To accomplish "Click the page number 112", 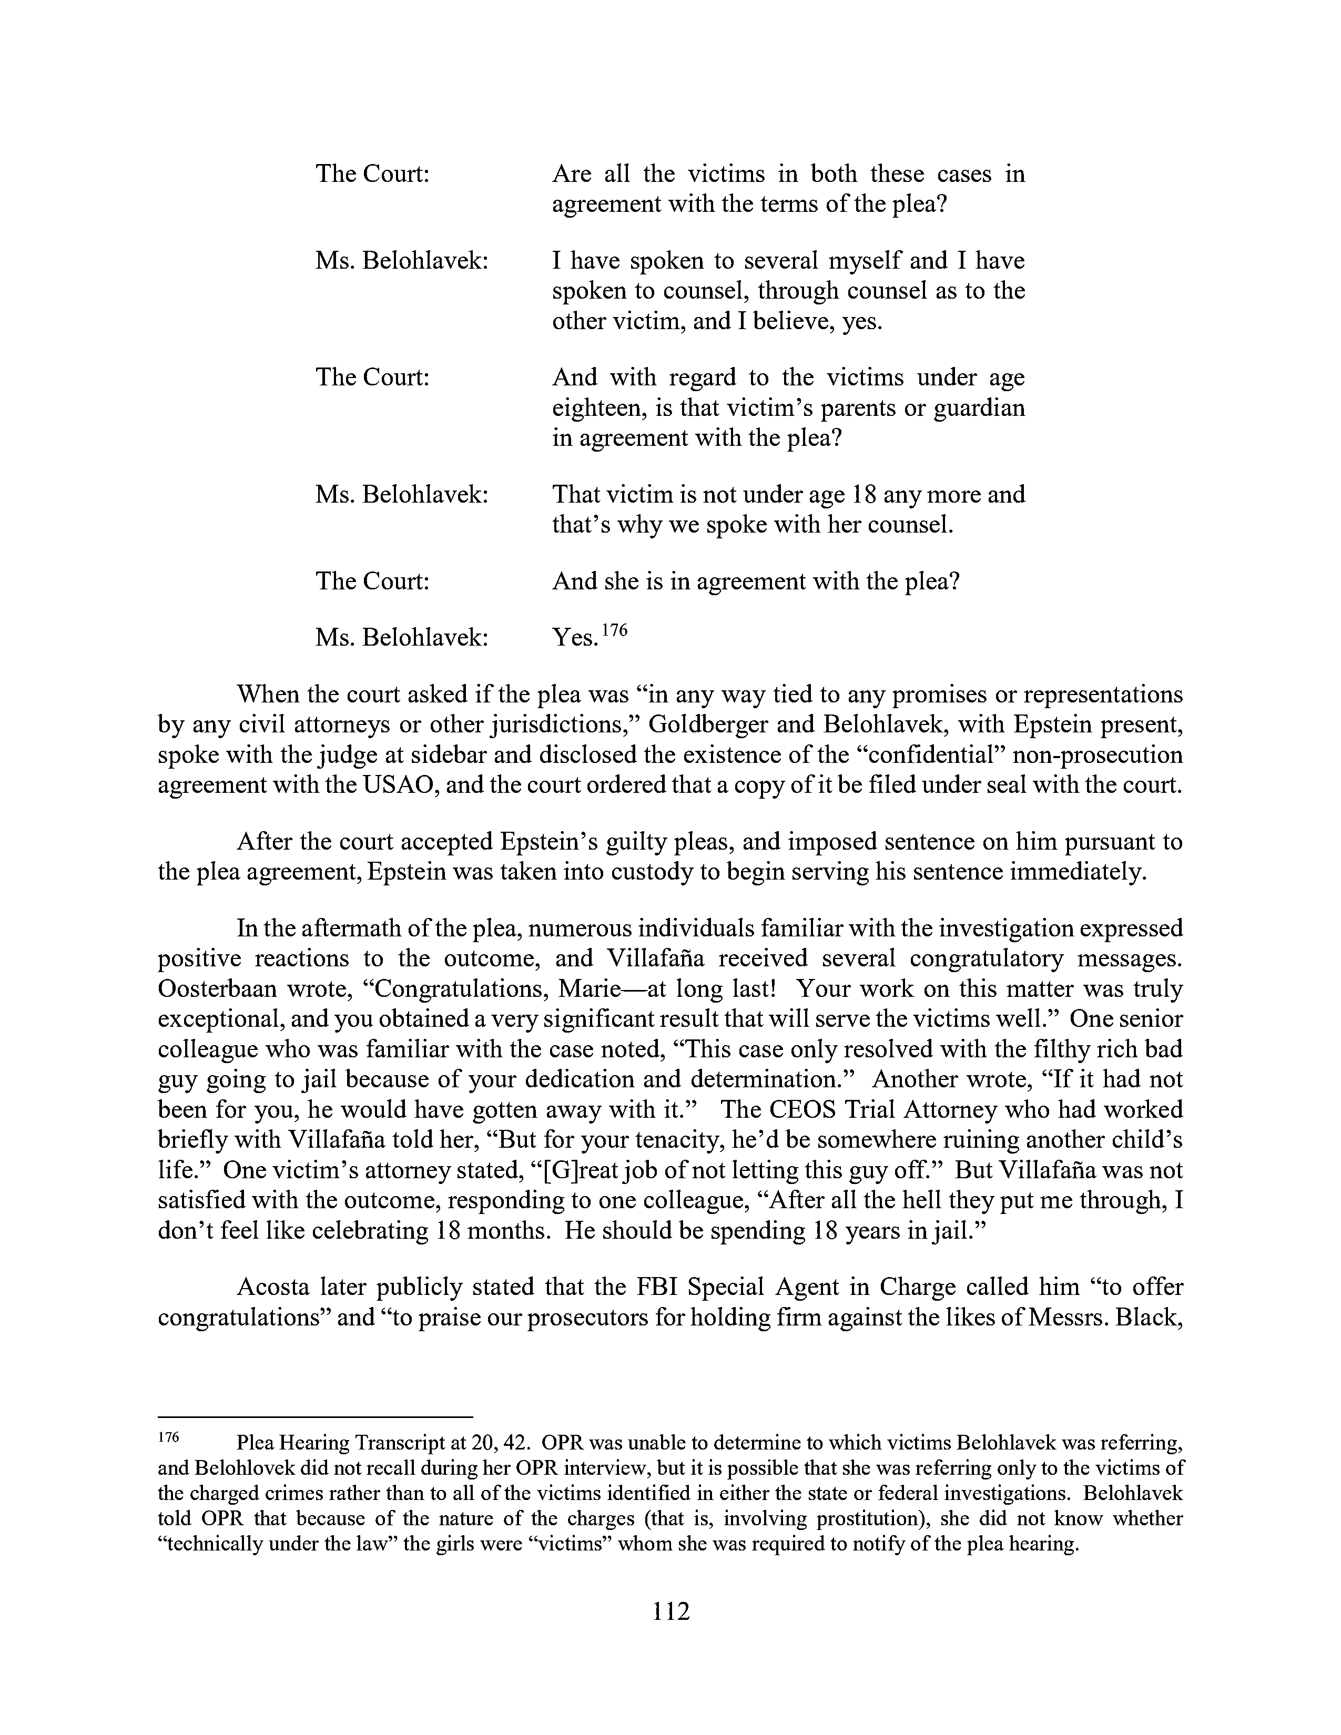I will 670,1611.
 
